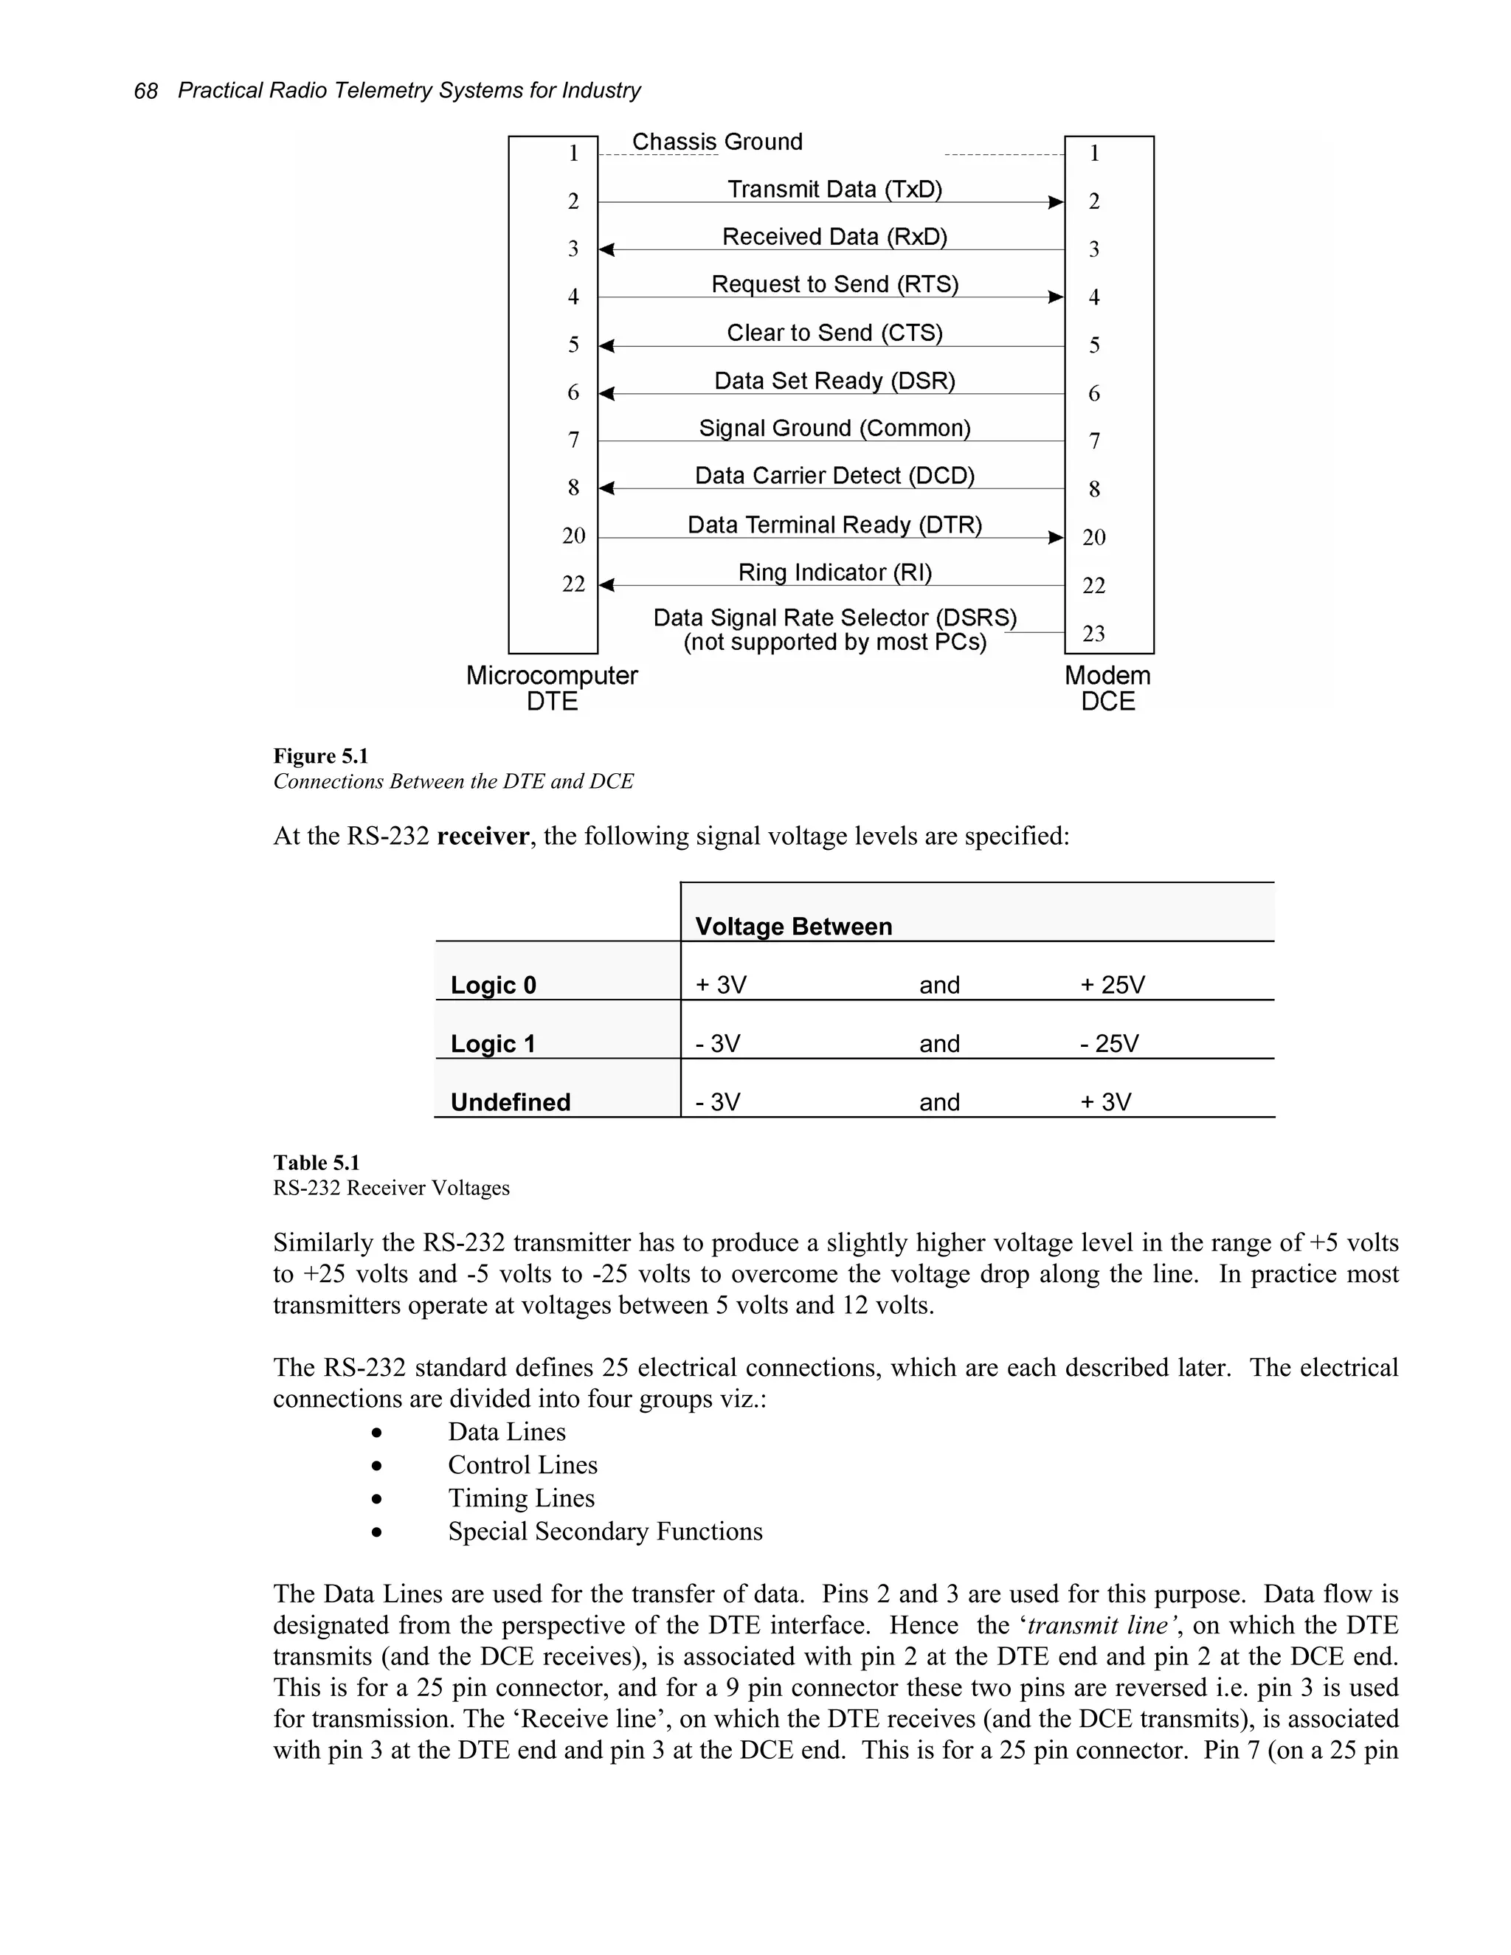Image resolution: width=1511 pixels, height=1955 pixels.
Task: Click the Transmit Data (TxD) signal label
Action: click(x=834, y=189)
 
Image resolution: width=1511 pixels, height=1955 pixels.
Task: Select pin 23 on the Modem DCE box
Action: click(x=1094, y=634)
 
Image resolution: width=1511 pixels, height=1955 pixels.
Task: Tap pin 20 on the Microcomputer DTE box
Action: click(x=573, y=536)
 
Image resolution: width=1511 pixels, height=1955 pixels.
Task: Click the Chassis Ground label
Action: click(x=717, y=142)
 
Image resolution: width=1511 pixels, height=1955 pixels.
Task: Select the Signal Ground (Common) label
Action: click(x=834, y=428)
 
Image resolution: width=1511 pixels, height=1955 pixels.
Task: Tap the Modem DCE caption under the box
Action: click(x=1107, y=688)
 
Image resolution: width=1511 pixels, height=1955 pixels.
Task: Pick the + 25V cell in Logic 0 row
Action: click(x=1112, y=985)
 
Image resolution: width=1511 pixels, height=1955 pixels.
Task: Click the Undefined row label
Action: click(x=511, y=1102)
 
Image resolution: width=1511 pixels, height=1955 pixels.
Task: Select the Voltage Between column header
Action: click(x=793, y=927)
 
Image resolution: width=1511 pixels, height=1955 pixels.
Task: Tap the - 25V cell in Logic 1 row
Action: click(x=1109, y=1044)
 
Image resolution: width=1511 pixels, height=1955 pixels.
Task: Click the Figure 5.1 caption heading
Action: click(x=320, y=756)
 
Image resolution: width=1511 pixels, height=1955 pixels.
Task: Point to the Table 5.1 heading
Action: click(x=316, y=1163)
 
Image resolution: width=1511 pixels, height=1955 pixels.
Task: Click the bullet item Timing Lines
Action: click(x=521, y=1498)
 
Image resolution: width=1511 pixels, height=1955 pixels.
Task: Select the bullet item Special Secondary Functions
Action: click(x=605, y=1531)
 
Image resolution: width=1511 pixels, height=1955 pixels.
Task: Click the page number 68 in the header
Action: click(x=145, y=91)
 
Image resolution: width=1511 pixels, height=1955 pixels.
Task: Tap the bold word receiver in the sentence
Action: click(x=483, y=836)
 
